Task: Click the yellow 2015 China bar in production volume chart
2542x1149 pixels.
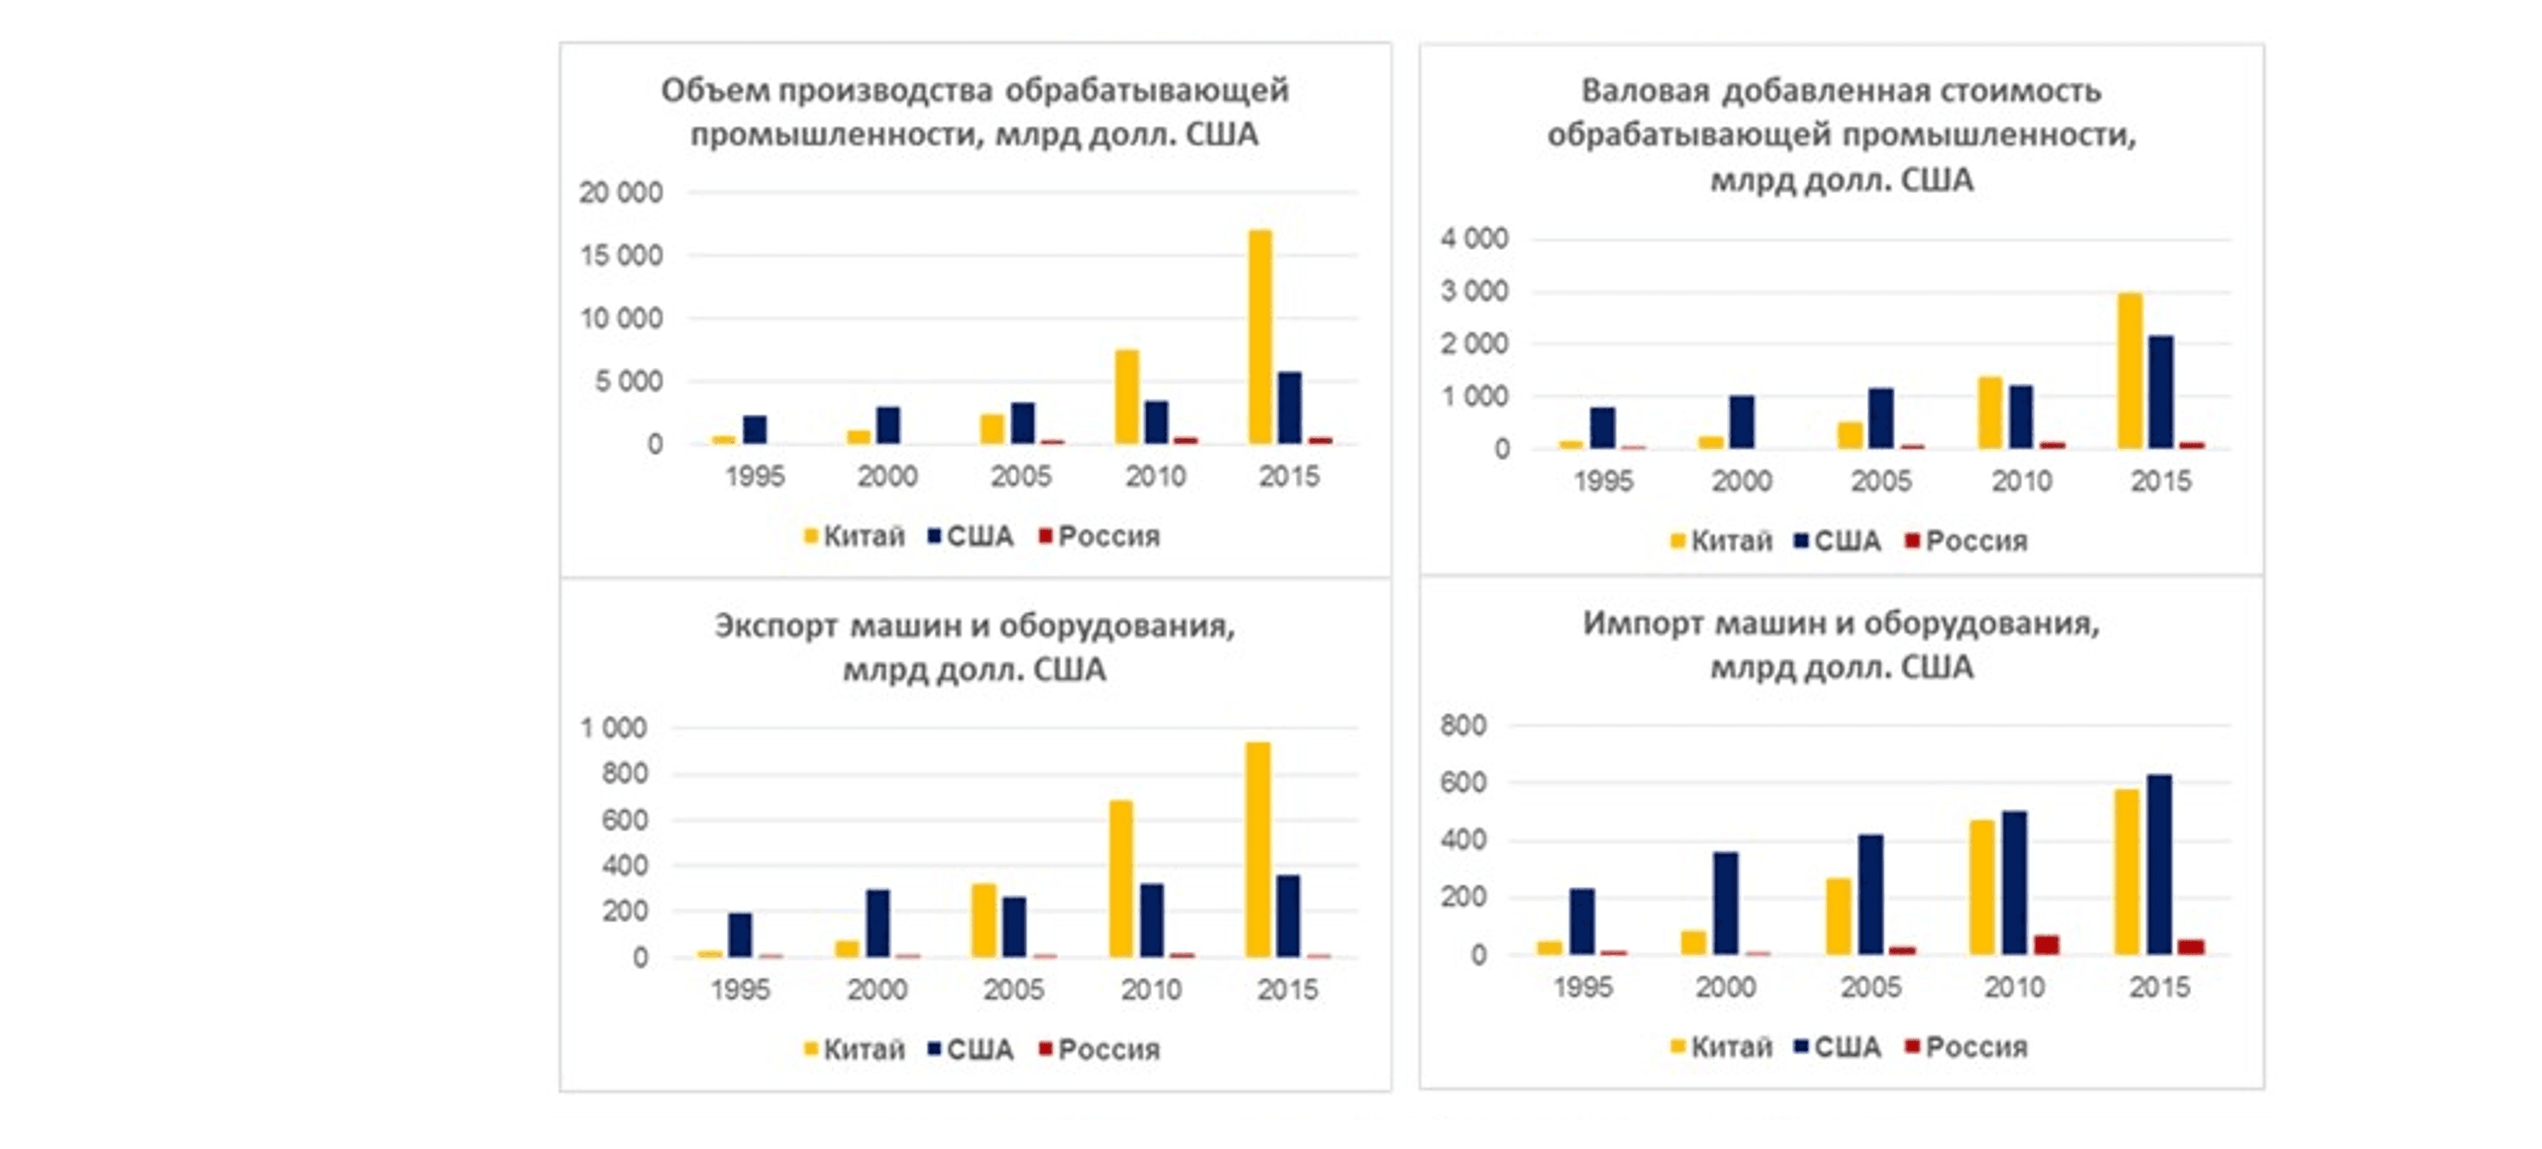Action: [x=1261, y=337]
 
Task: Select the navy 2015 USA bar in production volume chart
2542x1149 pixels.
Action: [x=1290, y=408]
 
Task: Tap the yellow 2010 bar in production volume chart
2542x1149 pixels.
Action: [x=1127, y=397]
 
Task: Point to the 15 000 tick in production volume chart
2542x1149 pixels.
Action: [x=621, y=256]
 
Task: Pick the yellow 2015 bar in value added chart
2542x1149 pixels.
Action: [x=2131, y=371]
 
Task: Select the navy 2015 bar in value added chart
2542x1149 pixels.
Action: [x=2160, y=392]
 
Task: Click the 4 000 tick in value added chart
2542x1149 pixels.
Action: [x=1475, y=239]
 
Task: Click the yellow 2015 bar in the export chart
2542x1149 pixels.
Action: [x=1258, y=849]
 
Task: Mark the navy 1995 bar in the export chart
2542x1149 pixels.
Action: [x=740, y=935]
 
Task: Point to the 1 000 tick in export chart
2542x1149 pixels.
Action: [x=613, y=729]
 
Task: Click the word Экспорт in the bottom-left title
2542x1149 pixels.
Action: [x=775, y=626]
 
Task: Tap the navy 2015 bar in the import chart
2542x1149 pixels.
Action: [x=2159, y=864]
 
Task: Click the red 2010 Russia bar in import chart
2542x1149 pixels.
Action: [x=2047, y=945]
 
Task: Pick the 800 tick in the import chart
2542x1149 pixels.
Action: [x=1463, y=725]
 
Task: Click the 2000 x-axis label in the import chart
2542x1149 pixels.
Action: [x=1726, y=987]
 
